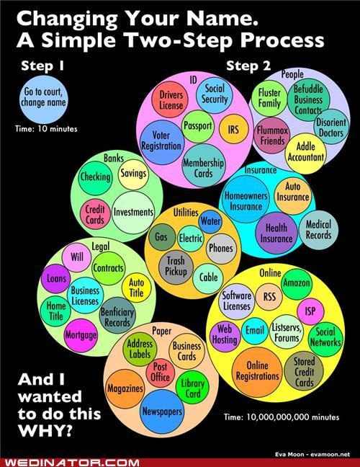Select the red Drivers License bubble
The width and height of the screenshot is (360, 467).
[x=170, y=99]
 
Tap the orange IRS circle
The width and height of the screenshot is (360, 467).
[x=233, y=129]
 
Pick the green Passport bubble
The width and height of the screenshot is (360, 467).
[x=198, y=126]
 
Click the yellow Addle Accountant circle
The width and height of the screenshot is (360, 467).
[x=305, y=154]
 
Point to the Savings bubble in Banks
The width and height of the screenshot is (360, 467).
[x=133, y=174]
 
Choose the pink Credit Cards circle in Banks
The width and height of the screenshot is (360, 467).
[x=95, y=214]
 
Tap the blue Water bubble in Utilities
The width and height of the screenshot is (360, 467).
[x=210, y=221]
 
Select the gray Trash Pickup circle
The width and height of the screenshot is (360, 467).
[x=176, y=267]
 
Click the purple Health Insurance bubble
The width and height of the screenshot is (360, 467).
[x=276, y=233]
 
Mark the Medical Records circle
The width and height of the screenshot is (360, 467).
[x=318, y=230]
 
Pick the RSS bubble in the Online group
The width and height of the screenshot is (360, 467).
[x=269, y=297]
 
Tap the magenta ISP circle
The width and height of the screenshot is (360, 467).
[x=310, y=311]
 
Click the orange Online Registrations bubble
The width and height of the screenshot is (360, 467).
[x=257, y=372]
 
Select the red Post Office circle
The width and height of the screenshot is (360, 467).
[x=160, y=373]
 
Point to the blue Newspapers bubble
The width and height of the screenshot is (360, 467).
[x=162, y=412]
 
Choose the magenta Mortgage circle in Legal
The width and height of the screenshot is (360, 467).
[x=81, y=335]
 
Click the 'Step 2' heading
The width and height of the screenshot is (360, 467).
[x=248, y=66]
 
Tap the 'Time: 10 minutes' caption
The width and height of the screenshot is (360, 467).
[x=46, y=129]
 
